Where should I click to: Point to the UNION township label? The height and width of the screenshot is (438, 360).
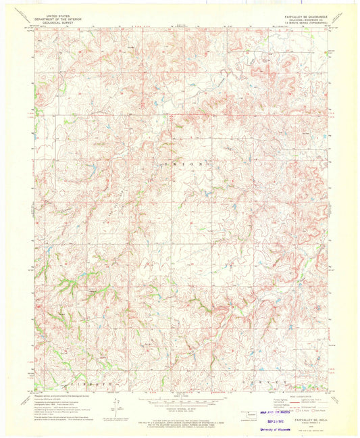195,163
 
